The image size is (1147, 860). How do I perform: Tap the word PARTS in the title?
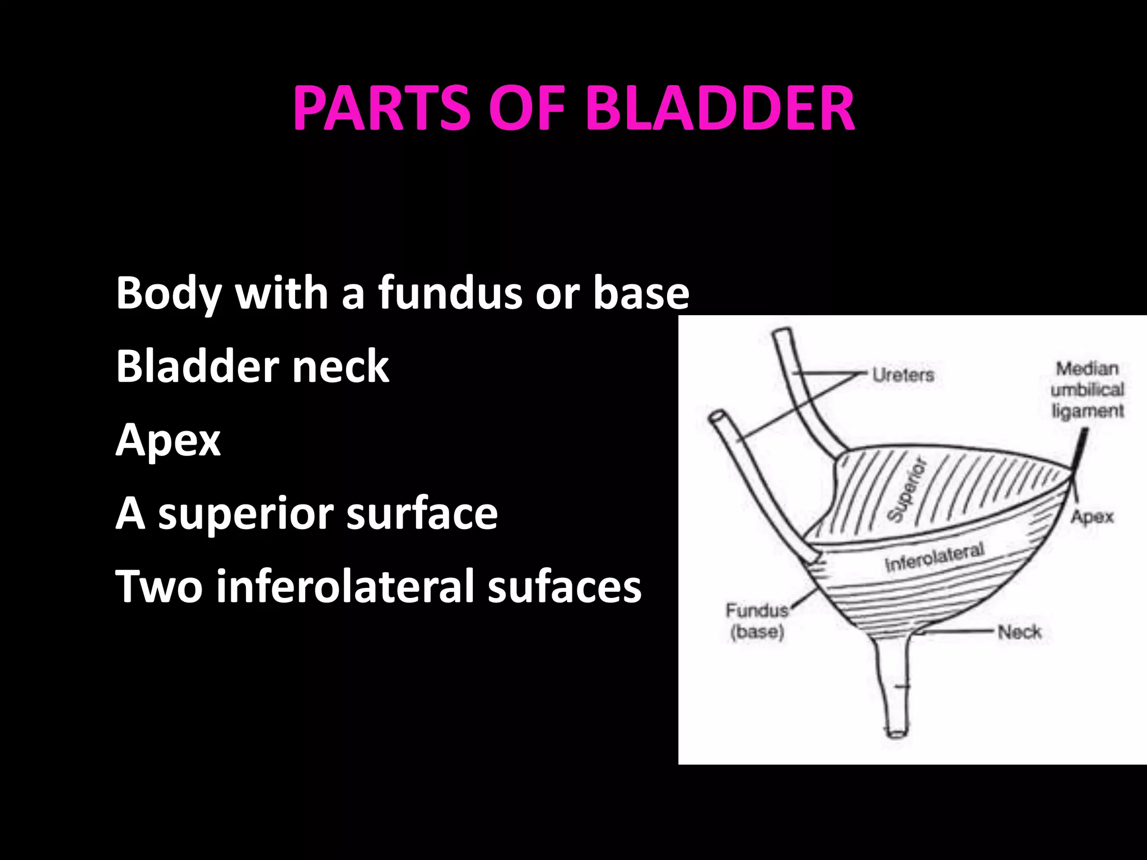point(381,107)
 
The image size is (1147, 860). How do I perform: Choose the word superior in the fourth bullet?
point(246,514)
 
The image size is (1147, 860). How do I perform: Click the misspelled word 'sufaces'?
point(564,587)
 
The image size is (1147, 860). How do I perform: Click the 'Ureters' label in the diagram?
point(903,375)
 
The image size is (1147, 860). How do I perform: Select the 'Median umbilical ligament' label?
point(1087,390)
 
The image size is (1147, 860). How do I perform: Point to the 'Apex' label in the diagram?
point(1092,516)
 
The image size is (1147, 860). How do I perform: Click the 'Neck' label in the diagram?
point(1019,632)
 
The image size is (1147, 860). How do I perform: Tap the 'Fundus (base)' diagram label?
point(757,620)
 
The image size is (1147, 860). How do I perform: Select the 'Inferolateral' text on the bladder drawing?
point(934,557)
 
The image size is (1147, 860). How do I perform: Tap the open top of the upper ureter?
point(782,334)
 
